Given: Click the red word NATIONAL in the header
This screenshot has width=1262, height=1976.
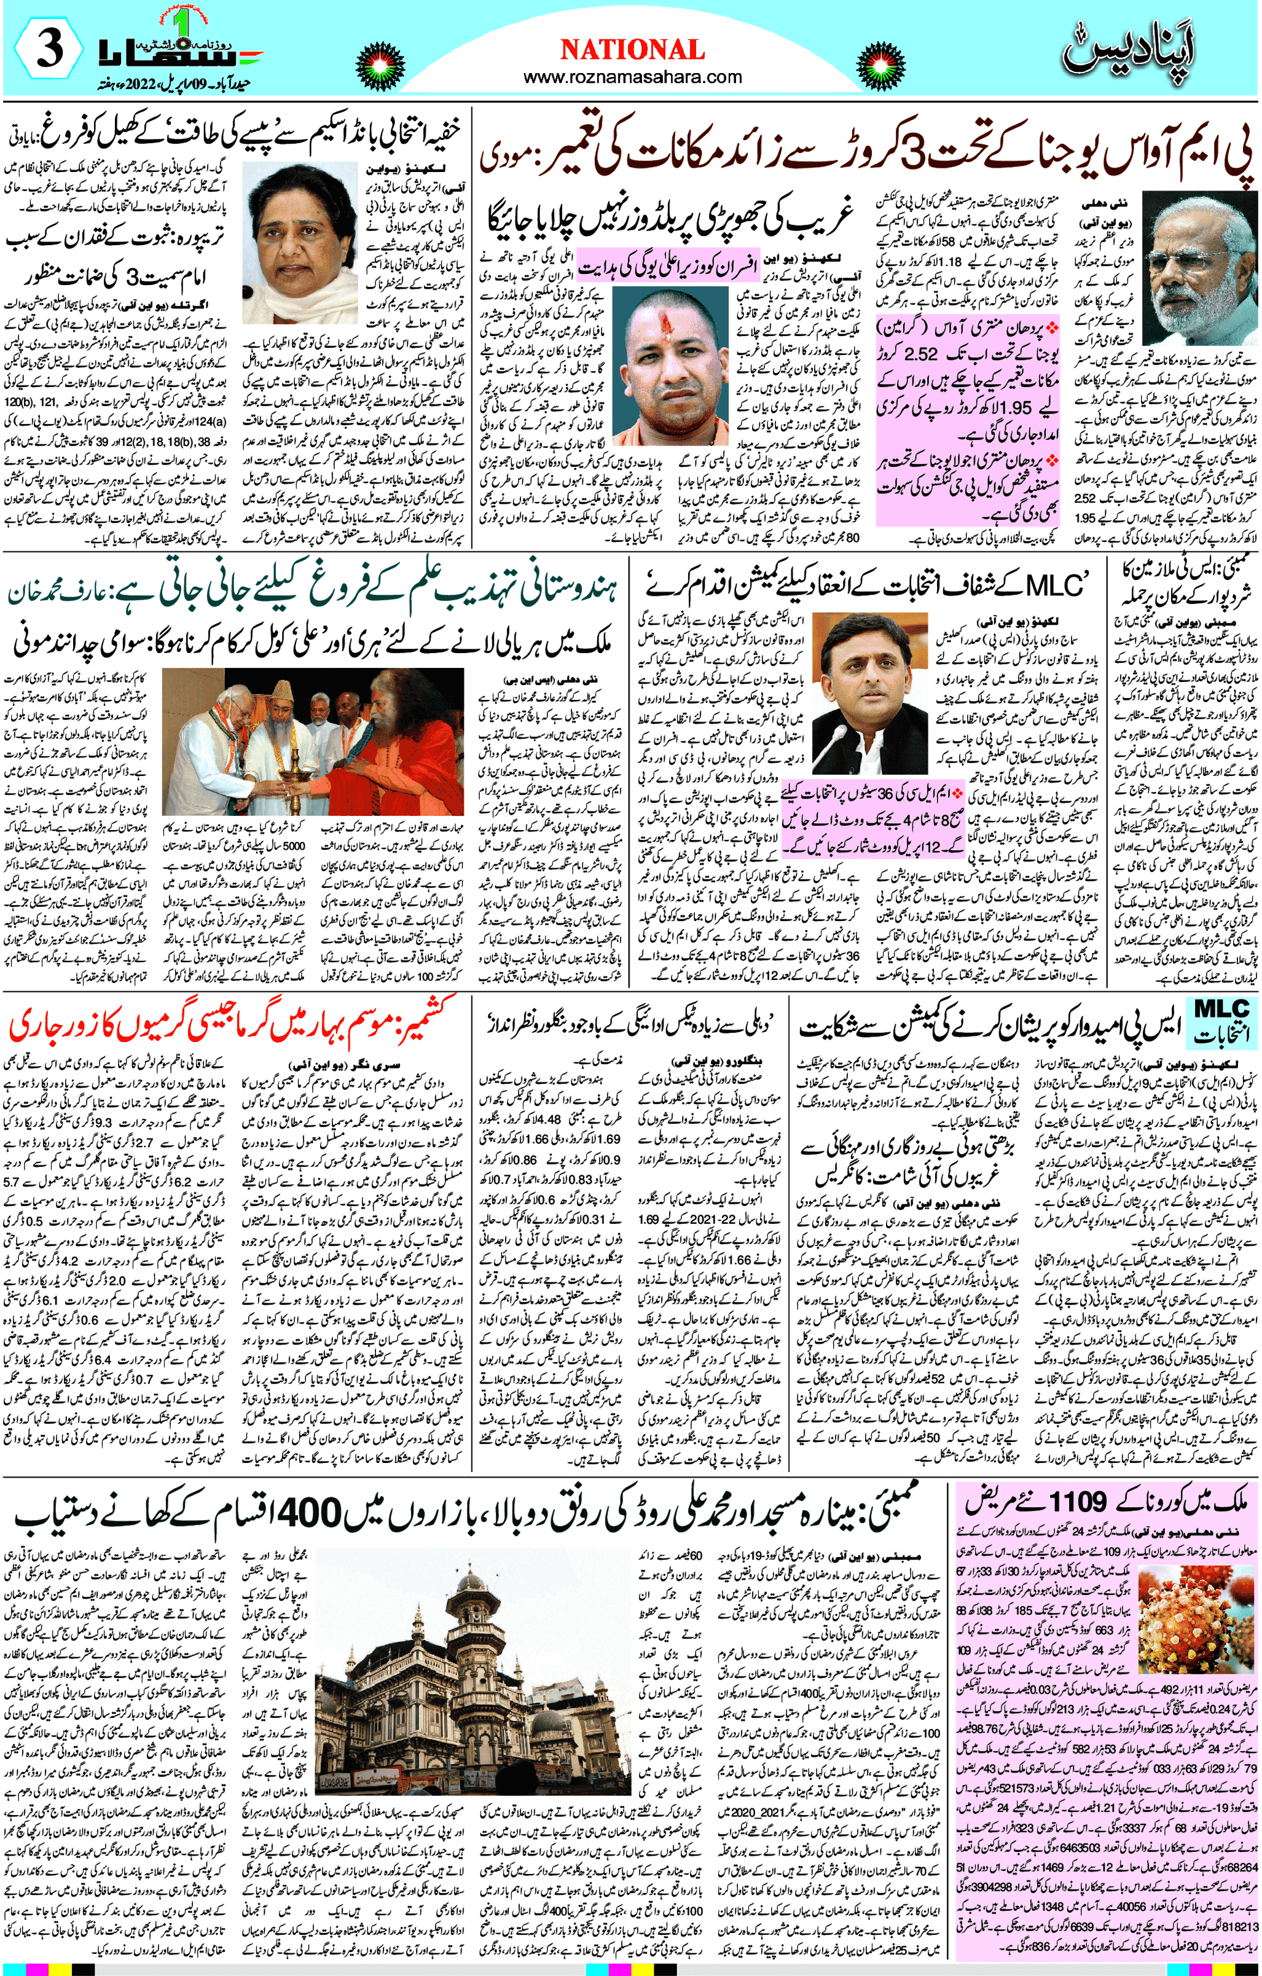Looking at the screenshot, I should click(632, 50).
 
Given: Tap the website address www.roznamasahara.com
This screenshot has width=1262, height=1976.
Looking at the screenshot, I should click(632, 78).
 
